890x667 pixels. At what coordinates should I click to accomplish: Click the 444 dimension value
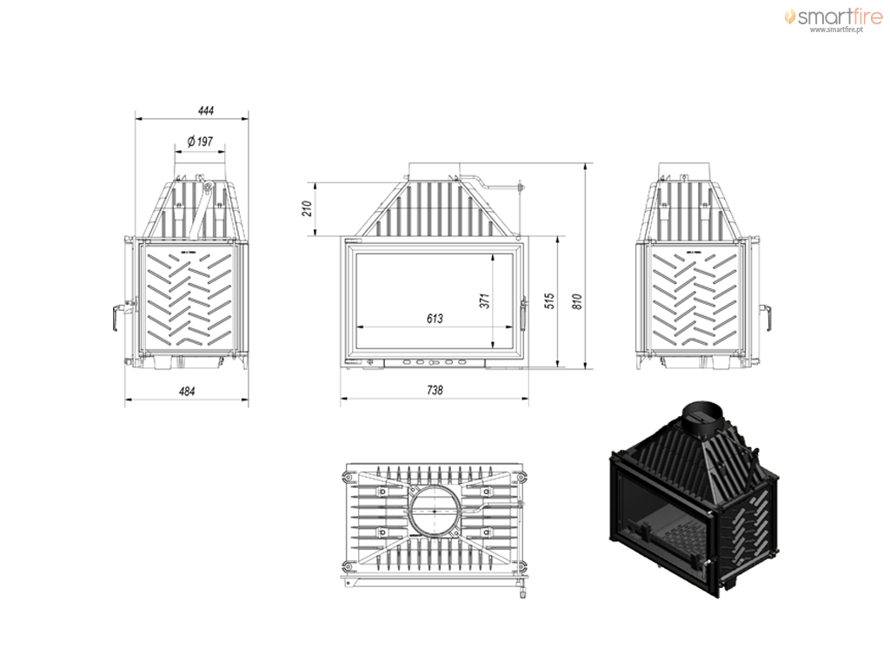[206, 110]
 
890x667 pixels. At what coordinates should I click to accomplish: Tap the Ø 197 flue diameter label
[200, 141]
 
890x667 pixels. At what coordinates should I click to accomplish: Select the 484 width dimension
[187, 392]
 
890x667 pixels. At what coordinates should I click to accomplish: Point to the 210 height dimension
[307, 208]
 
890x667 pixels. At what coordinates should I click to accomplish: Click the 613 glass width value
[435, 319]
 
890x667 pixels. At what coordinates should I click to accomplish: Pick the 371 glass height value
[484, 300]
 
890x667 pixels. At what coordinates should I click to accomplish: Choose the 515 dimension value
[549, 300]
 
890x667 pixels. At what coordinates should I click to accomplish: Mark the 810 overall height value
[578, 300]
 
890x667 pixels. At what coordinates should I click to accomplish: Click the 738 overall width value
[435, 390]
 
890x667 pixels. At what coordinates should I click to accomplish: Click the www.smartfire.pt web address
[836, 30]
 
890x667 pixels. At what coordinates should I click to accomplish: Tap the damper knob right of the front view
[520, 187]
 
